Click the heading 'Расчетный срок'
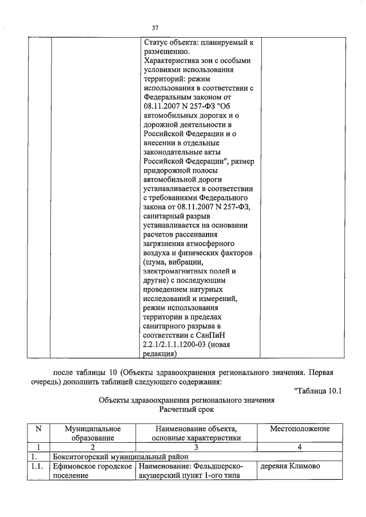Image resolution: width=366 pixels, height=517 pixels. click(x=186, y=411)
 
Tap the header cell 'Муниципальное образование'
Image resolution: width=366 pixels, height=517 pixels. click(x=93, y=433)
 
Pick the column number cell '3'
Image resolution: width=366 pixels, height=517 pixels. click(x=196, y=447)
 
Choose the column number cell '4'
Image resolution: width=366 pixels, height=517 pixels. click(x=300, y=447)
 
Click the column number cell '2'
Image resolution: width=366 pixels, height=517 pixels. click(x=93, y=447)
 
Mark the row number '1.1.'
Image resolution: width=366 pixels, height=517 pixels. click(x=36, y=467)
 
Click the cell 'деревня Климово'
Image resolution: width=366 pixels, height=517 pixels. click(x=290, y=467)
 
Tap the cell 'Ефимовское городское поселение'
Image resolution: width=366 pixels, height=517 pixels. click(x=93, y=471)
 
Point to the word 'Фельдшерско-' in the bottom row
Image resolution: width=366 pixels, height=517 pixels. click(x=219, y=467)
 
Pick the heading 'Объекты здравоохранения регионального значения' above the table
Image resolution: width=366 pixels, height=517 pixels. click(x=186, y=401)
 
